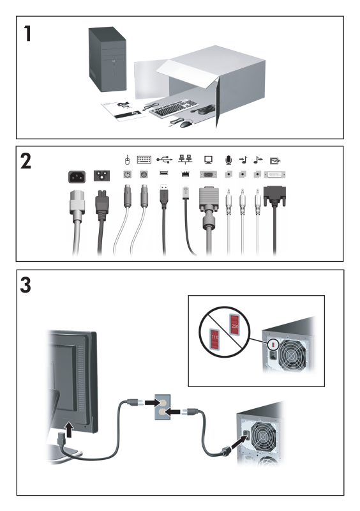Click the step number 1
click(x=27, y=34)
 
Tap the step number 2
click(x=26, y=162)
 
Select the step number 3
click(x=26, y=285)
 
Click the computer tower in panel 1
click(x=107, y=59)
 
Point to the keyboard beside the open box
click(x=174, y=107)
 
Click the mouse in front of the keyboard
click(x=186, y=123)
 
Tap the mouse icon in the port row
click(x=128, y=160)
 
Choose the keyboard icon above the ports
click(x=144, y=159)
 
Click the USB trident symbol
click(x=165, y=159)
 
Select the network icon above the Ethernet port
click(x=185, y=159)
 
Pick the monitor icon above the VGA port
click(x=209, y=160)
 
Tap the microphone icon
click(x=229, y=160)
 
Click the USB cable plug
click(x=164, y=195)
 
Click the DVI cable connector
click(x=274, y=196)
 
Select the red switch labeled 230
click(x=234, y=324)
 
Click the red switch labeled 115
click(x=214, y=339)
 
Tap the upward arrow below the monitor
click(x=69, y=429)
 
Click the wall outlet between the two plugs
click(x=162, y=407)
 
